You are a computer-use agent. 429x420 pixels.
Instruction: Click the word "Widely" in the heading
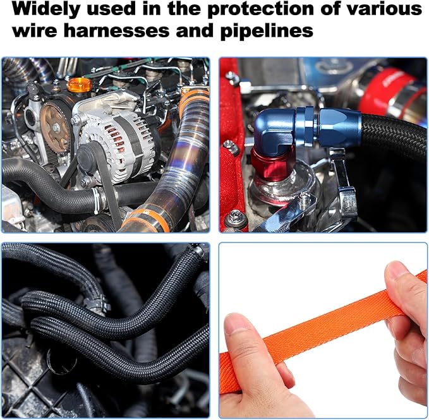coord(46,9)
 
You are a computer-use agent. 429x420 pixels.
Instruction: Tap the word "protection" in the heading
coord(260,9)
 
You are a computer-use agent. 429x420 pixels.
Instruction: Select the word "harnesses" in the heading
coord(116,30)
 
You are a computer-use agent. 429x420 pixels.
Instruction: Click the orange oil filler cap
coord(80,85)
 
